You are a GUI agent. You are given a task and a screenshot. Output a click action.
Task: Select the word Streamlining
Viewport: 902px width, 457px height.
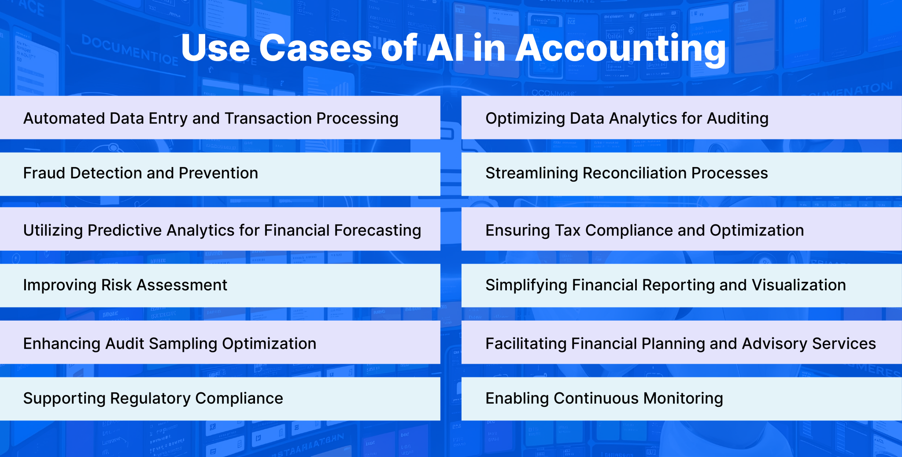point(531,173)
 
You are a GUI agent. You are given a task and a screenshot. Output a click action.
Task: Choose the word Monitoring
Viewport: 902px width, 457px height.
point(683,399)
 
